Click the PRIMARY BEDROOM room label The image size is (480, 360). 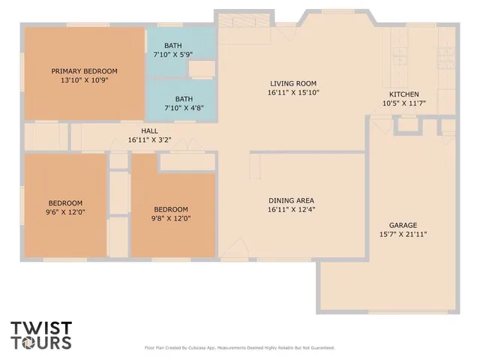coord(84,71)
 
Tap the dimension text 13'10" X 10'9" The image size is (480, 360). coord(84,80)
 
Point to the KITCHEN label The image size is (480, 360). coord(403,94)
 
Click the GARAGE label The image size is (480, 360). coord(403,225)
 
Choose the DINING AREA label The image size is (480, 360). coord(291,200)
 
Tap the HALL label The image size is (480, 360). coord(149,130)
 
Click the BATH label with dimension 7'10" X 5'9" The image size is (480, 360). coord(184,46)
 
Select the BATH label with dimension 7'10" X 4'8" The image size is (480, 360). coord(184,98)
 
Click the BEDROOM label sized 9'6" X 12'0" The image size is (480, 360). coord(66,203)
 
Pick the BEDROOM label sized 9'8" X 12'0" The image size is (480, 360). coord(171,209)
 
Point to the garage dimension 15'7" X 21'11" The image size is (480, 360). coord(403,235)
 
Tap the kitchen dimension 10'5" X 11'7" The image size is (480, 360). coord(403,103)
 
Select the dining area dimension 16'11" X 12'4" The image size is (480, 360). coord(291,210)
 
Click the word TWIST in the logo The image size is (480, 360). coord(41,328)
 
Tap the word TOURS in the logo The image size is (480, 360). coord(41,343)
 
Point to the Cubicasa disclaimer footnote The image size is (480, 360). coord(239,347)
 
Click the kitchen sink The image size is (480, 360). coord(399,54)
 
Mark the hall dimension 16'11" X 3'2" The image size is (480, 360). coord(149,139)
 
